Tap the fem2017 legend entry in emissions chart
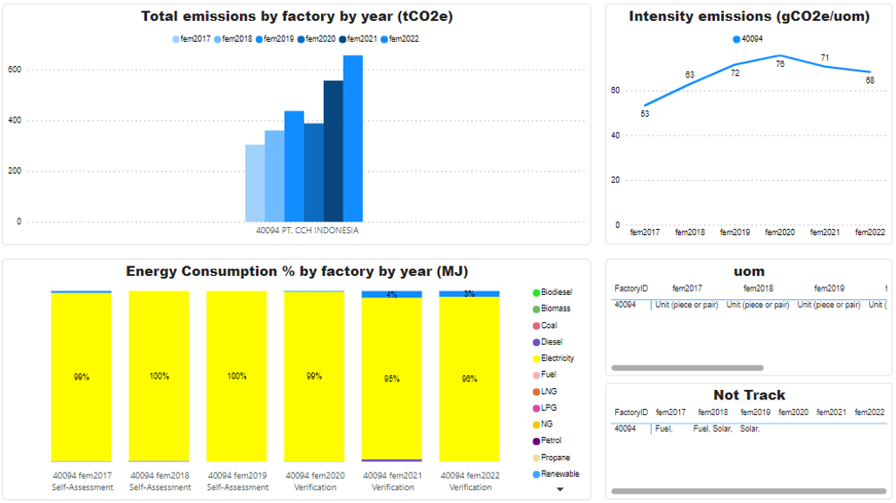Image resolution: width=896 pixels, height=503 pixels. coord(192,38)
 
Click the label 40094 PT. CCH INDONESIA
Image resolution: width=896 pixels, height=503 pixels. coord(307,231)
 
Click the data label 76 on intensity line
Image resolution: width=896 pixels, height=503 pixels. coord(780,64)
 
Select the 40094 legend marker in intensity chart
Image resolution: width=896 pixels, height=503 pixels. coord(737,39)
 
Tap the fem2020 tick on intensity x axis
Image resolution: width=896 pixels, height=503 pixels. coord(779,232)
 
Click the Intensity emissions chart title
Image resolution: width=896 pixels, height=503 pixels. coord(749,17)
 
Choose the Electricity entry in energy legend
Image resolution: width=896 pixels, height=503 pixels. coord(557,359)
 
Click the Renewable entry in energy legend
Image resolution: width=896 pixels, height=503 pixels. coord(559,474)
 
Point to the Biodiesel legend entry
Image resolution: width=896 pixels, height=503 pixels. coord(556,292)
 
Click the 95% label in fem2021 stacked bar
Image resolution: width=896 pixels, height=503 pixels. coord(391,379)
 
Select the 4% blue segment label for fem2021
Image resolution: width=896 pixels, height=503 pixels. coord(391,294)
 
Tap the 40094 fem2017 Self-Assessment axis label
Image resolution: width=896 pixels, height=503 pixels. coord(83,481)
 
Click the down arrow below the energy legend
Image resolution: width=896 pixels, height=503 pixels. coord(560,490)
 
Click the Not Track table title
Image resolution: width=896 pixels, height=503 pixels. coord(749,395)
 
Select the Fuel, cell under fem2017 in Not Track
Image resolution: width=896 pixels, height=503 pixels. coord(664,428)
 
